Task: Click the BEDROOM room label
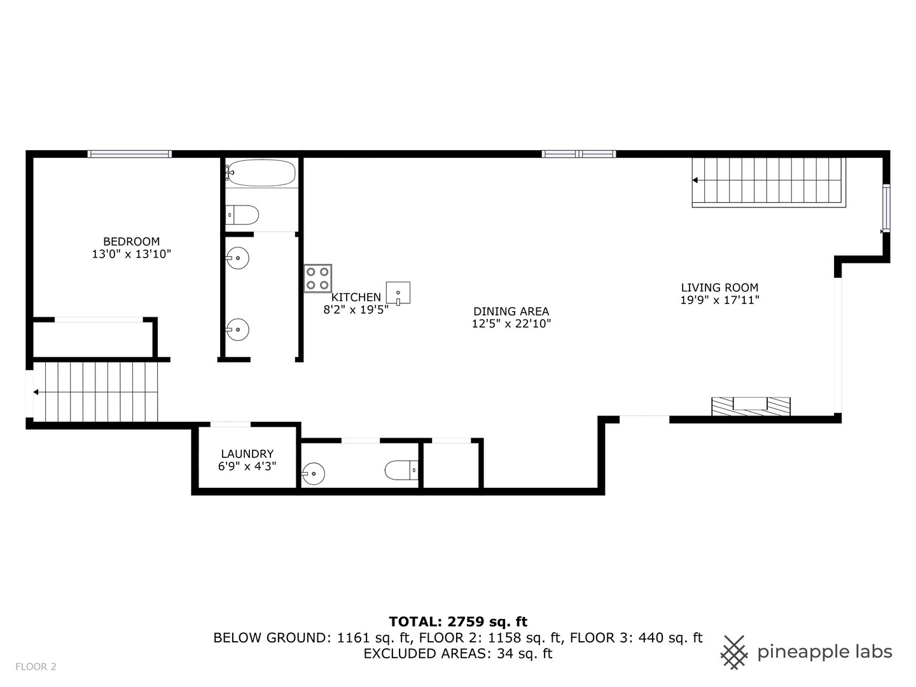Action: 131,242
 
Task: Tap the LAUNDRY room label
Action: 247,454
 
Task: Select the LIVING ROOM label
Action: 719,288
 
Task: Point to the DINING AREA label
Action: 511,311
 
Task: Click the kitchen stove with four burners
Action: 317,278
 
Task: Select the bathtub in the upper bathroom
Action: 261,172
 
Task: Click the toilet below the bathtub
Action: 242,215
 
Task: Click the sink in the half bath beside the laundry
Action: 313,473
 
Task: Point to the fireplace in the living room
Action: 751,406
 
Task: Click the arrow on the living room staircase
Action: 695,181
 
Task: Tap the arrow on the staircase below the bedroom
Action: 36,392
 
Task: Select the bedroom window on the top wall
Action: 129,153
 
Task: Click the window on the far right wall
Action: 885,208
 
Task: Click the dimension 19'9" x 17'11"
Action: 719,300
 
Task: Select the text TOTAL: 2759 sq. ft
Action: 458,621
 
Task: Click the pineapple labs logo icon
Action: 734,652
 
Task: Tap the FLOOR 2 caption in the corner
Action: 36,667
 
